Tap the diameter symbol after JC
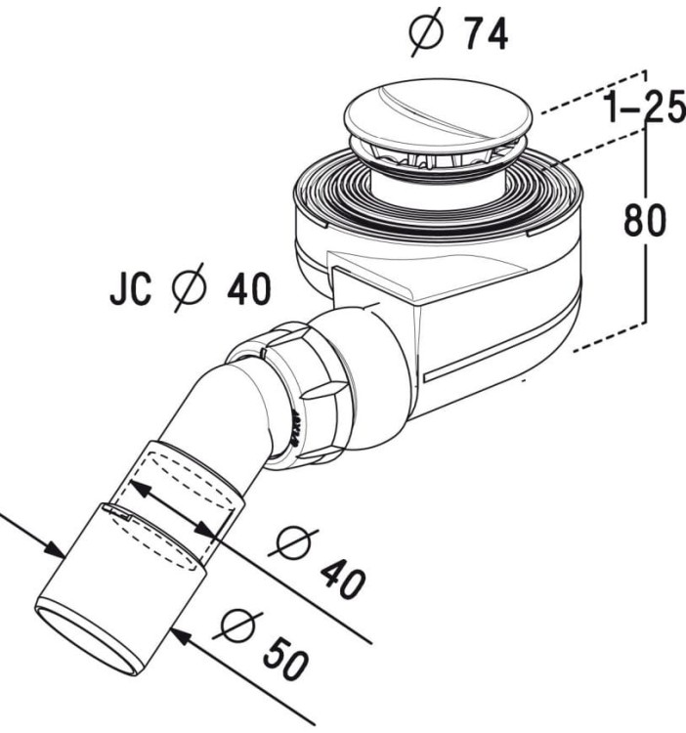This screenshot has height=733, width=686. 191,290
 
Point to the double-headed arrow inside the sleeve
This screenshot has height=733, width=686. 173,506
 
